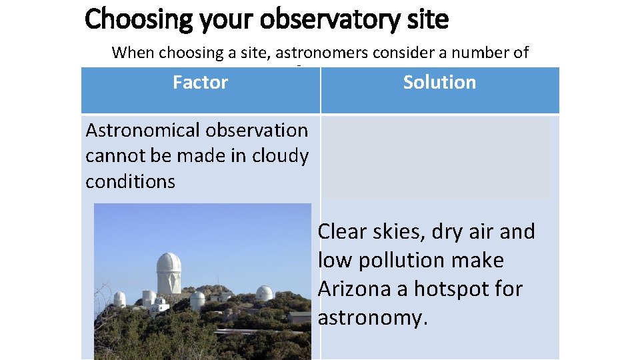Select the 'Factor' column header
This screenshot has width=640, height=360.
pos(200,83)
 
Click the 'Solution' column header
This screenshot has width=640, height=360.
pos(439,83)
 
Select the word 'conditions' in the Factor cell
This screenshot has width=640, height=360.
pos(130,181)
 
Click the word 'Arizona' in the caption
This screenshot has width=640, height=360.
pos(352,289)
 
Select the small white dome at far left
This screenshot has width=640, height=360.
pos(119,299)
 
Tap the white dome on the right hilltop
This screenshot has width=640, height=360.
pos(264,293)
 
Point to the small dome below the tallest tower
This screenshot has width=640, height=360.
pos(197,300)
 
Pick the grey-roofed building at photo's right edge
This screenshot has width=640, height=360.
pos(299,316)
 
